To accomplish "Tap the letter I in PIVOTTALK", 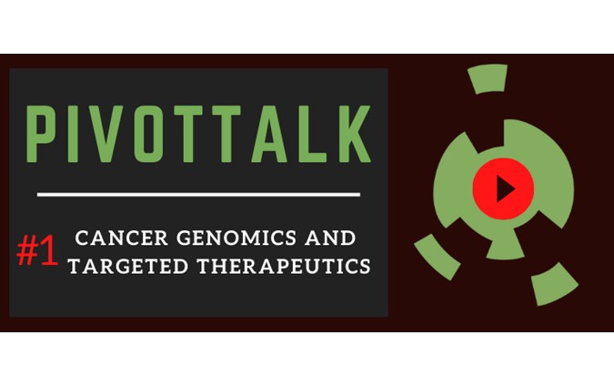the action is [x=73, y=134].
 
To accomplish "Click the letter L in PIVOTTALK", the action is [x=311, y=134].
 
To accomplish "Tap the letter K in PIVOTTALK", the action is [x=355, y=134].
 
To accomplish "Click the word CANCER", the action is [x=121, y=238].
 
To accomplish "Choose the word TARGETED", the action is [x=128, y=266].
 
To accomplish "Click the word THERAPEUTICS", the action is [x=284, y=266].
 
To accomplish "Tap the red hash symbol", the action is [x=27, y=250].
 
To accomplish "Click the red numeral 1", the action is [x=49, y=251].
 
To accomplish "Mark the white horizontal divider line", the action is [x=198, y=195].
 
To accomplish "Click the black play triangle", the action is [x=504, y=188].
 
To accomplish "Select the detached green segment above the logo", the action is [x=488, y=79].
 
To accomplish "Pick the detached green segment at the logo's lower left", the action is [x=437, y=257].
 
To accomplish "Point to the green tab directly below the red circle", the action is [x=505, y=244].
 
